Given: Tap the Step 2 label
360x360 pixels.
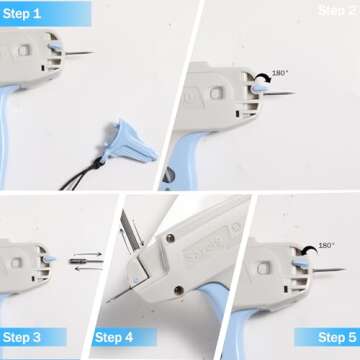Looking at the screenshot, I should (x=336, y=10).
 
